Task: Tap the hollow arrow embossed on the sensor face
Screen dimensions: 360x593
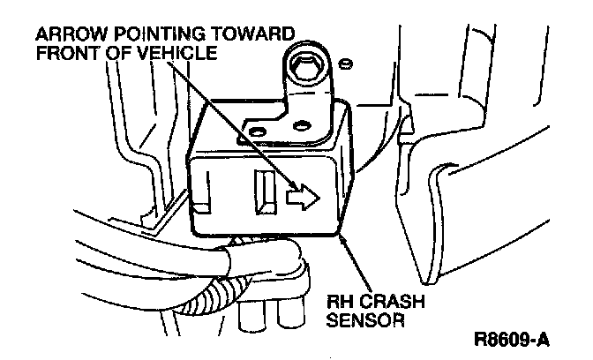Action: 301,198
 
